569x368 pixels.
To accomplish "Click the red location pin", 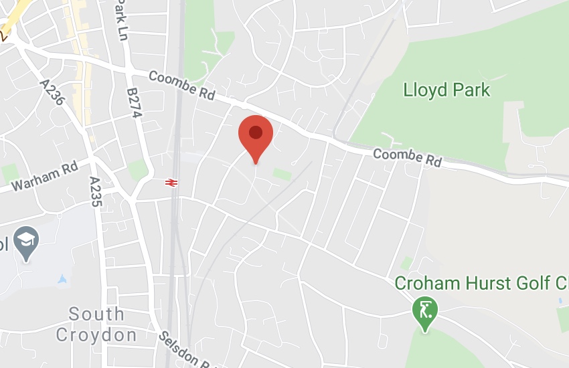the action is click(x=255, y=134).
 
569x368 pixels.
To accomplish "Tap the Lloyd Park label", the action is click(x=446, y=90).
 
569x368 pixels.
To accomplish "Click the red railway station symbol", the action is click(x=171, y=181).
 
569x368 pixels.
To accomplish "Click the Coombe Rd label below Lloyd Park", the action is click(x=408, y=158).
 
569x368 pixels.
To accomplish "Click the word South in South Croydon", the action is click(x=96, y=314).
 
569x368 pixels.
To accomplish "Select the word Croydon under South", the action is click(x=96, y=334).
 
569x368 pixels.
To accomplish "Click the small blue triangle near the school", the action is click(x=62, y=278).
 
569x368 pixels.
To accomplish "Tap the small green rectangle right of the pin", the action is click(x=282, y=175).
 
